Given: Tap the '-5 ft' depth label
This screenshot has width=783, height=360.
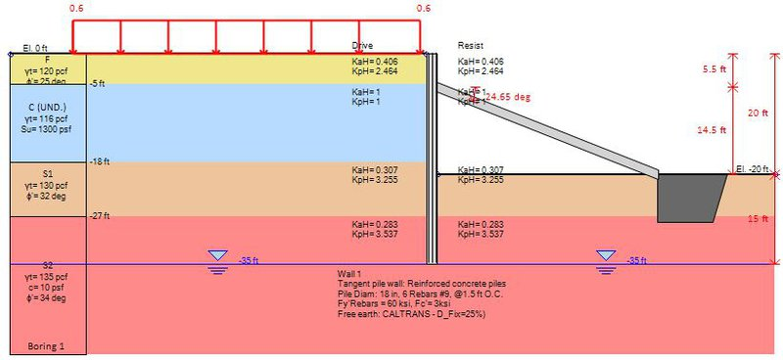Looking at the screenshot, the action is (x=97, y=84).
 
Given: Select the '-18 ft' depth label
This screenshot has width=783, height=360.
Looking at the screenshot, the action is (x=100, y=161).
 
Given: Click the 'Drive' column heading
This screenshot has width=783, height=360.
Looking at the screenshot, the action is (x=362, y=46).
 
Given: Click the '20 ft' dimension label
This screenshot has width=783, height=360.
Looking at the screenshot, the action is (x=758, y=112).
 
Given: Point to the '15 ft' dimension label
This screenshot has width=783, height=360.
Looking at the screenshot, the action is (x=758, y=219).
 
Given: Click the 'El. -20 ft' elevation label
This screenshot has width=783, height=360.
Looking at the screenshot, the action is (x=754, y=170).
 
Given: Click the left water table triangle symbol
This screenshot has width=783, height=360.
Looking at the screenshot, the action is (x=217, y=256).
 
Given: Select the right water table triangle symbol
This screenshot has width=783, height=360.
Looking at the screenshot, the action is (x=607, y=256).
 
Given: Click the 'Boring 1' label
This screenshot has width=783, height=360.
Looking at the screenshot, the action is (x=46, y=346).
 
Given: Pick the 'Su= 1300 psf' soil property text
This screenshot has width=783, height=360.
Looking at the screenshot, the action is (x=47, y=128).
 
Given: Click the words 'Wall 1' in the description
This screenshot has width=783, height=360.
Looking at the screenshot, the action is (x=348, y=273).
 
